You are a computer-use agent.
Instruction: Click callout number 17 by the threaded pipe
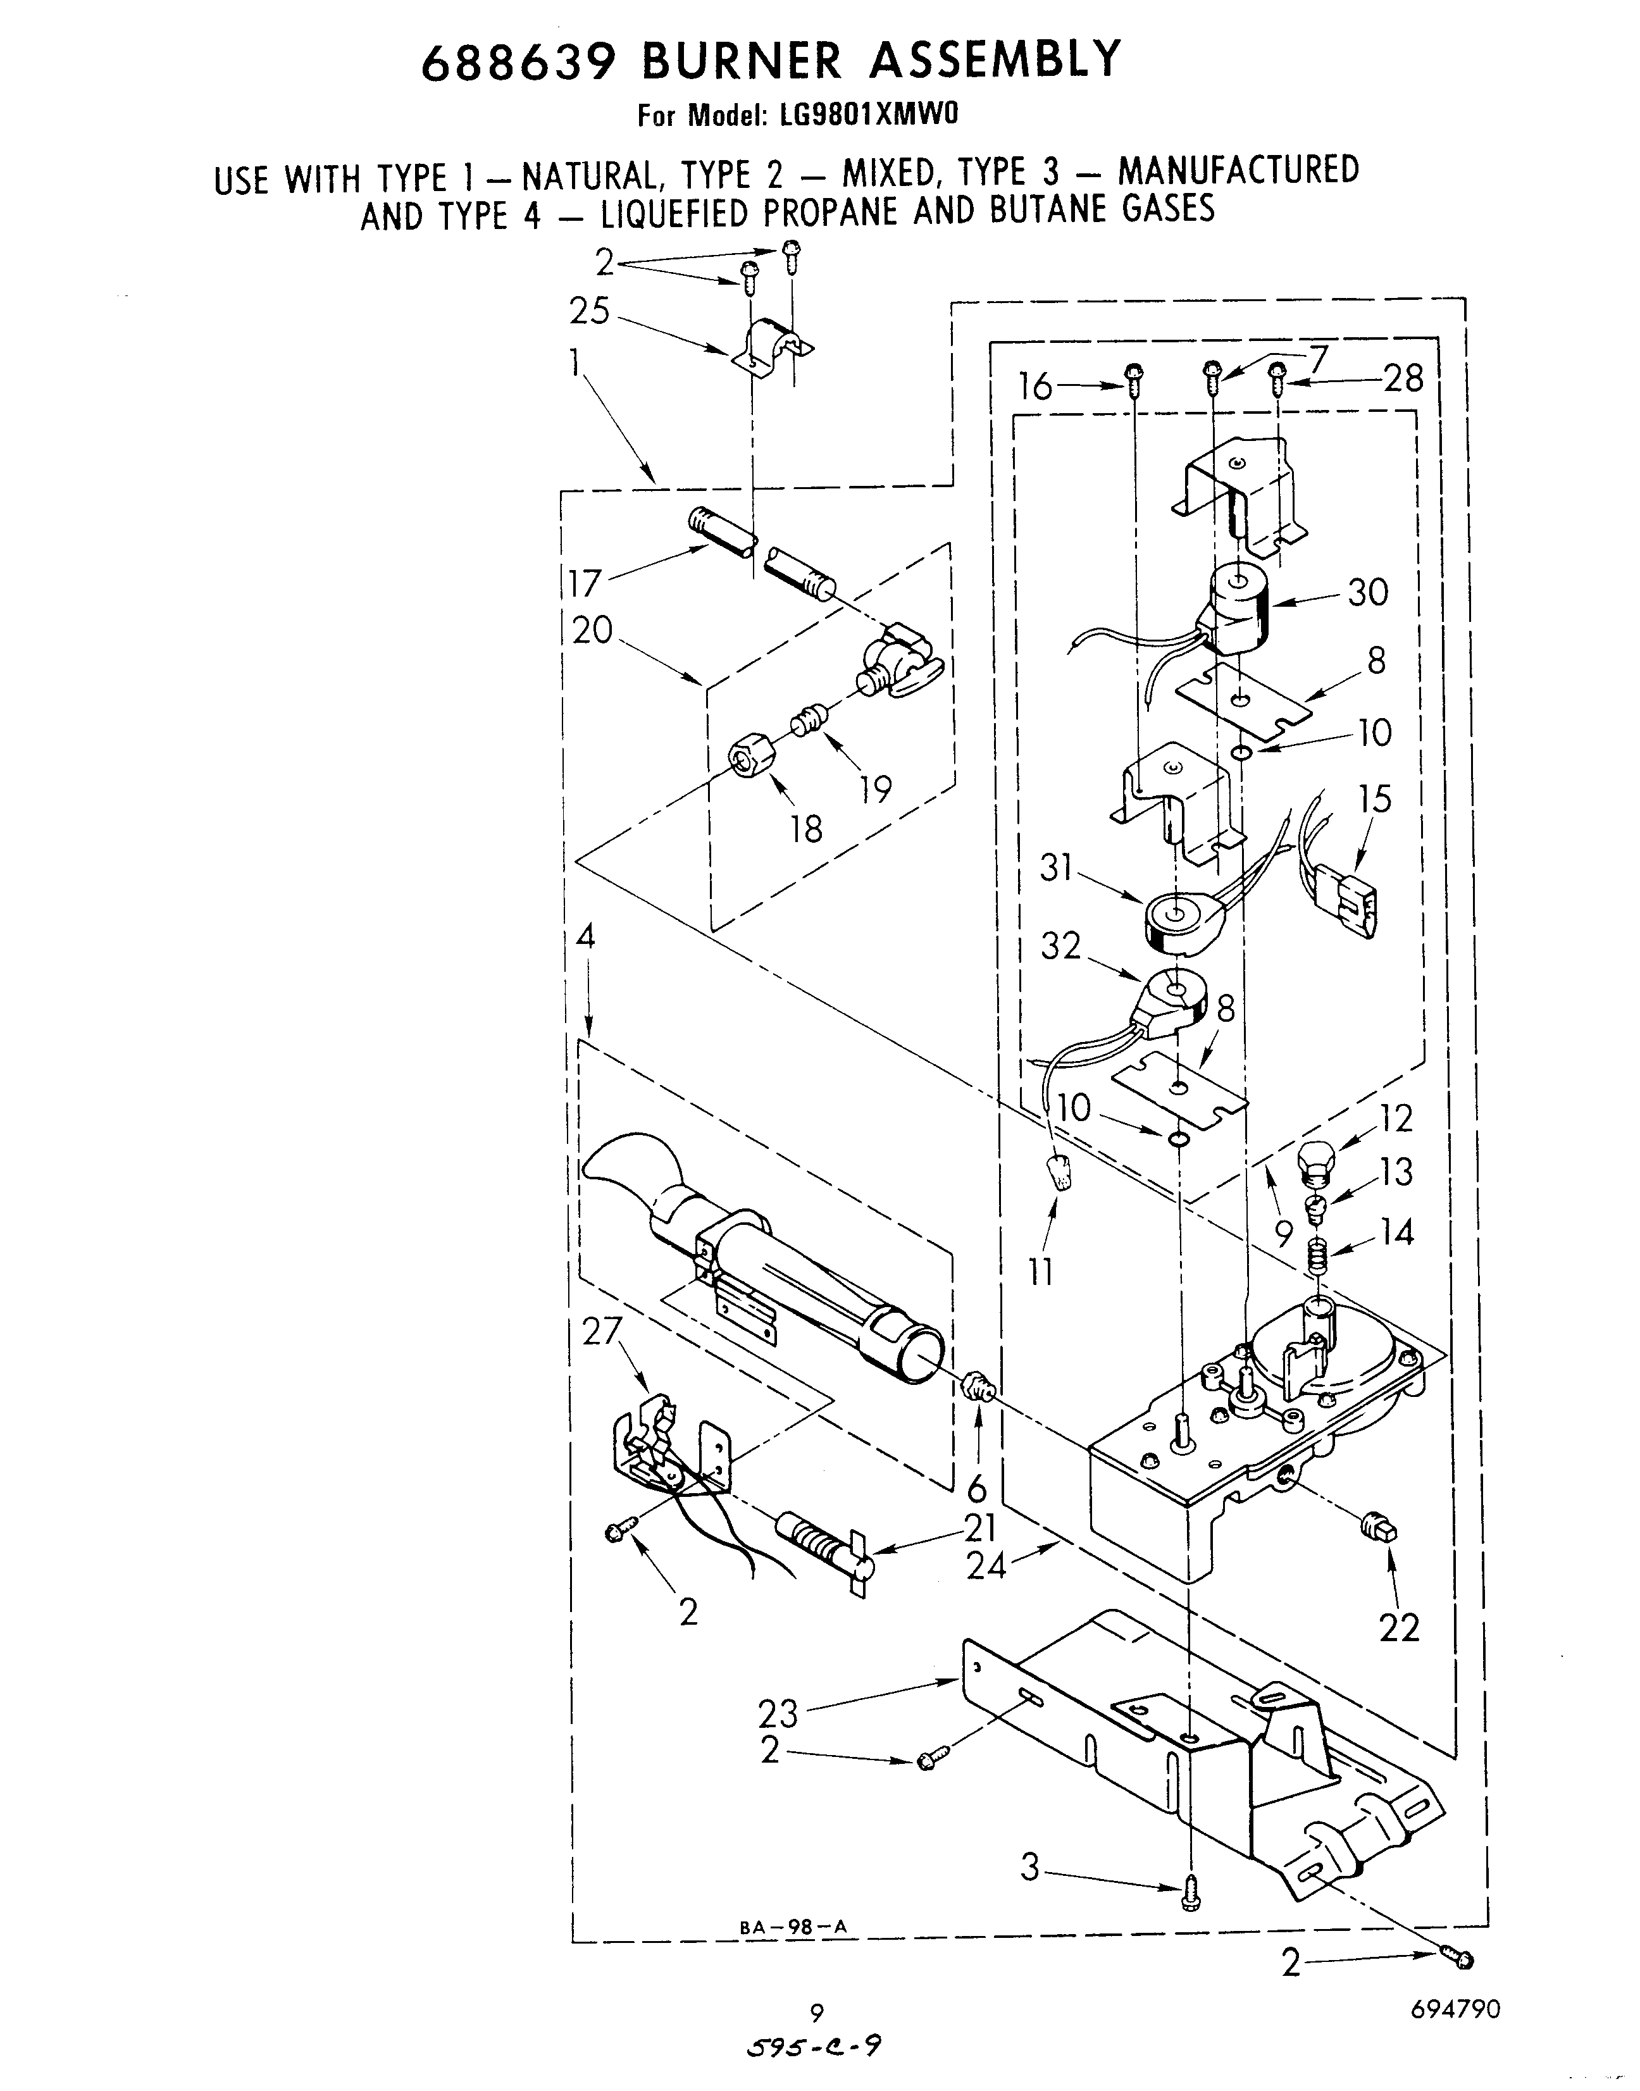(x=584, y=583)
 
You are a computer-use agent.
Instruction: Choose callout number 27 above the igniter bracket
(x=603, y=1332)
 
